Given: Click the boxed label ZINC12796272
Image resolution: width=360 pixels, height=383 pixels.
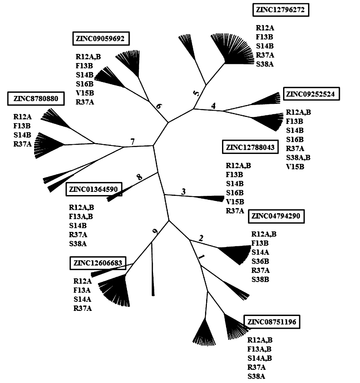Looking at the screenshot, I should tap(280, 10).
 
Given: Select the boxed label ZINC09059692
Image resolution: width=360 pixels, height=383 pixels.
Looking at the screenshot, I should tap(101, 39).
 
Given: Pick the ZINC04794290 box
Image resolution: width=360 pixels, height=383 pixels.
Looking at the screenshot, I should tap(276, 216).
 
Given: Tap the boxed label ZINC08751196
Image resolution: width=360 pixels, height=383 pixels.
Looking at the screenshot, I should tap(272, 322).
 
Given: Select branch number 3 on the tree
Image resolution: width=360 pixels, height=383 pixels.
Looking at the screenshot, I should tap(184, 191).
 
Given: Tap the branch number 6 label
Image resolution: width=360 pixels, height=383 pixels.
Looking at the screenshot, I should tap(159, 107).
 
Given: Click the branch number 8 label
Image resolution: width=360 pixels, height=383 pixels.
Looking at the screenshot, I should tap(139, 177).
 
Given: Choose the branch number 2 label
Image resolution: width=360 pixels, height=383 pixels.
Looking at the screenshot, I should tap(201, 238).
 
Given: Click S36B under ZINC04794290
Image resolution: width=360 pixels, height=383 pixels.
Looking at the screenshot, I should tap(260, 261).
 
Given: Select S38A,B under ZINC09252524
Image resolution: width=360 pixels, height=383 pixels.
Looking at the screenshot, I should tap(298, 157).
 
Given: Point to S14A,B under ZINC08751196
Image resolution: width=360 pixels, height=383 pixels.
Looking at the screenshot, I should tap(260, 358).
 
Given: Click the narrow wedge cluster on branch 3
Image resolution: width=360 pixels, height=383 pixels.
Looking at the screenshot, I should tap(210, 198).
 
